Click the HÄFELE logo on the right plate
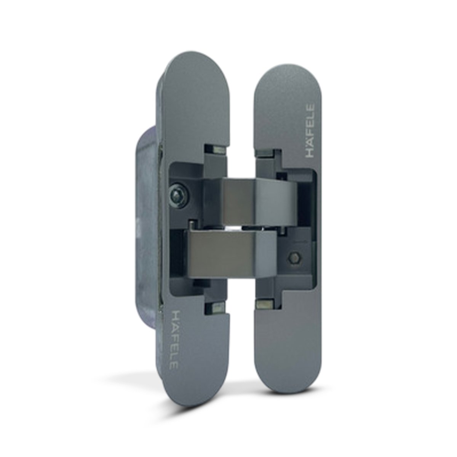[x=310, y=131]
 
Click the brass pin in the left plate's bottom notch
[x=219, y=308]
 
